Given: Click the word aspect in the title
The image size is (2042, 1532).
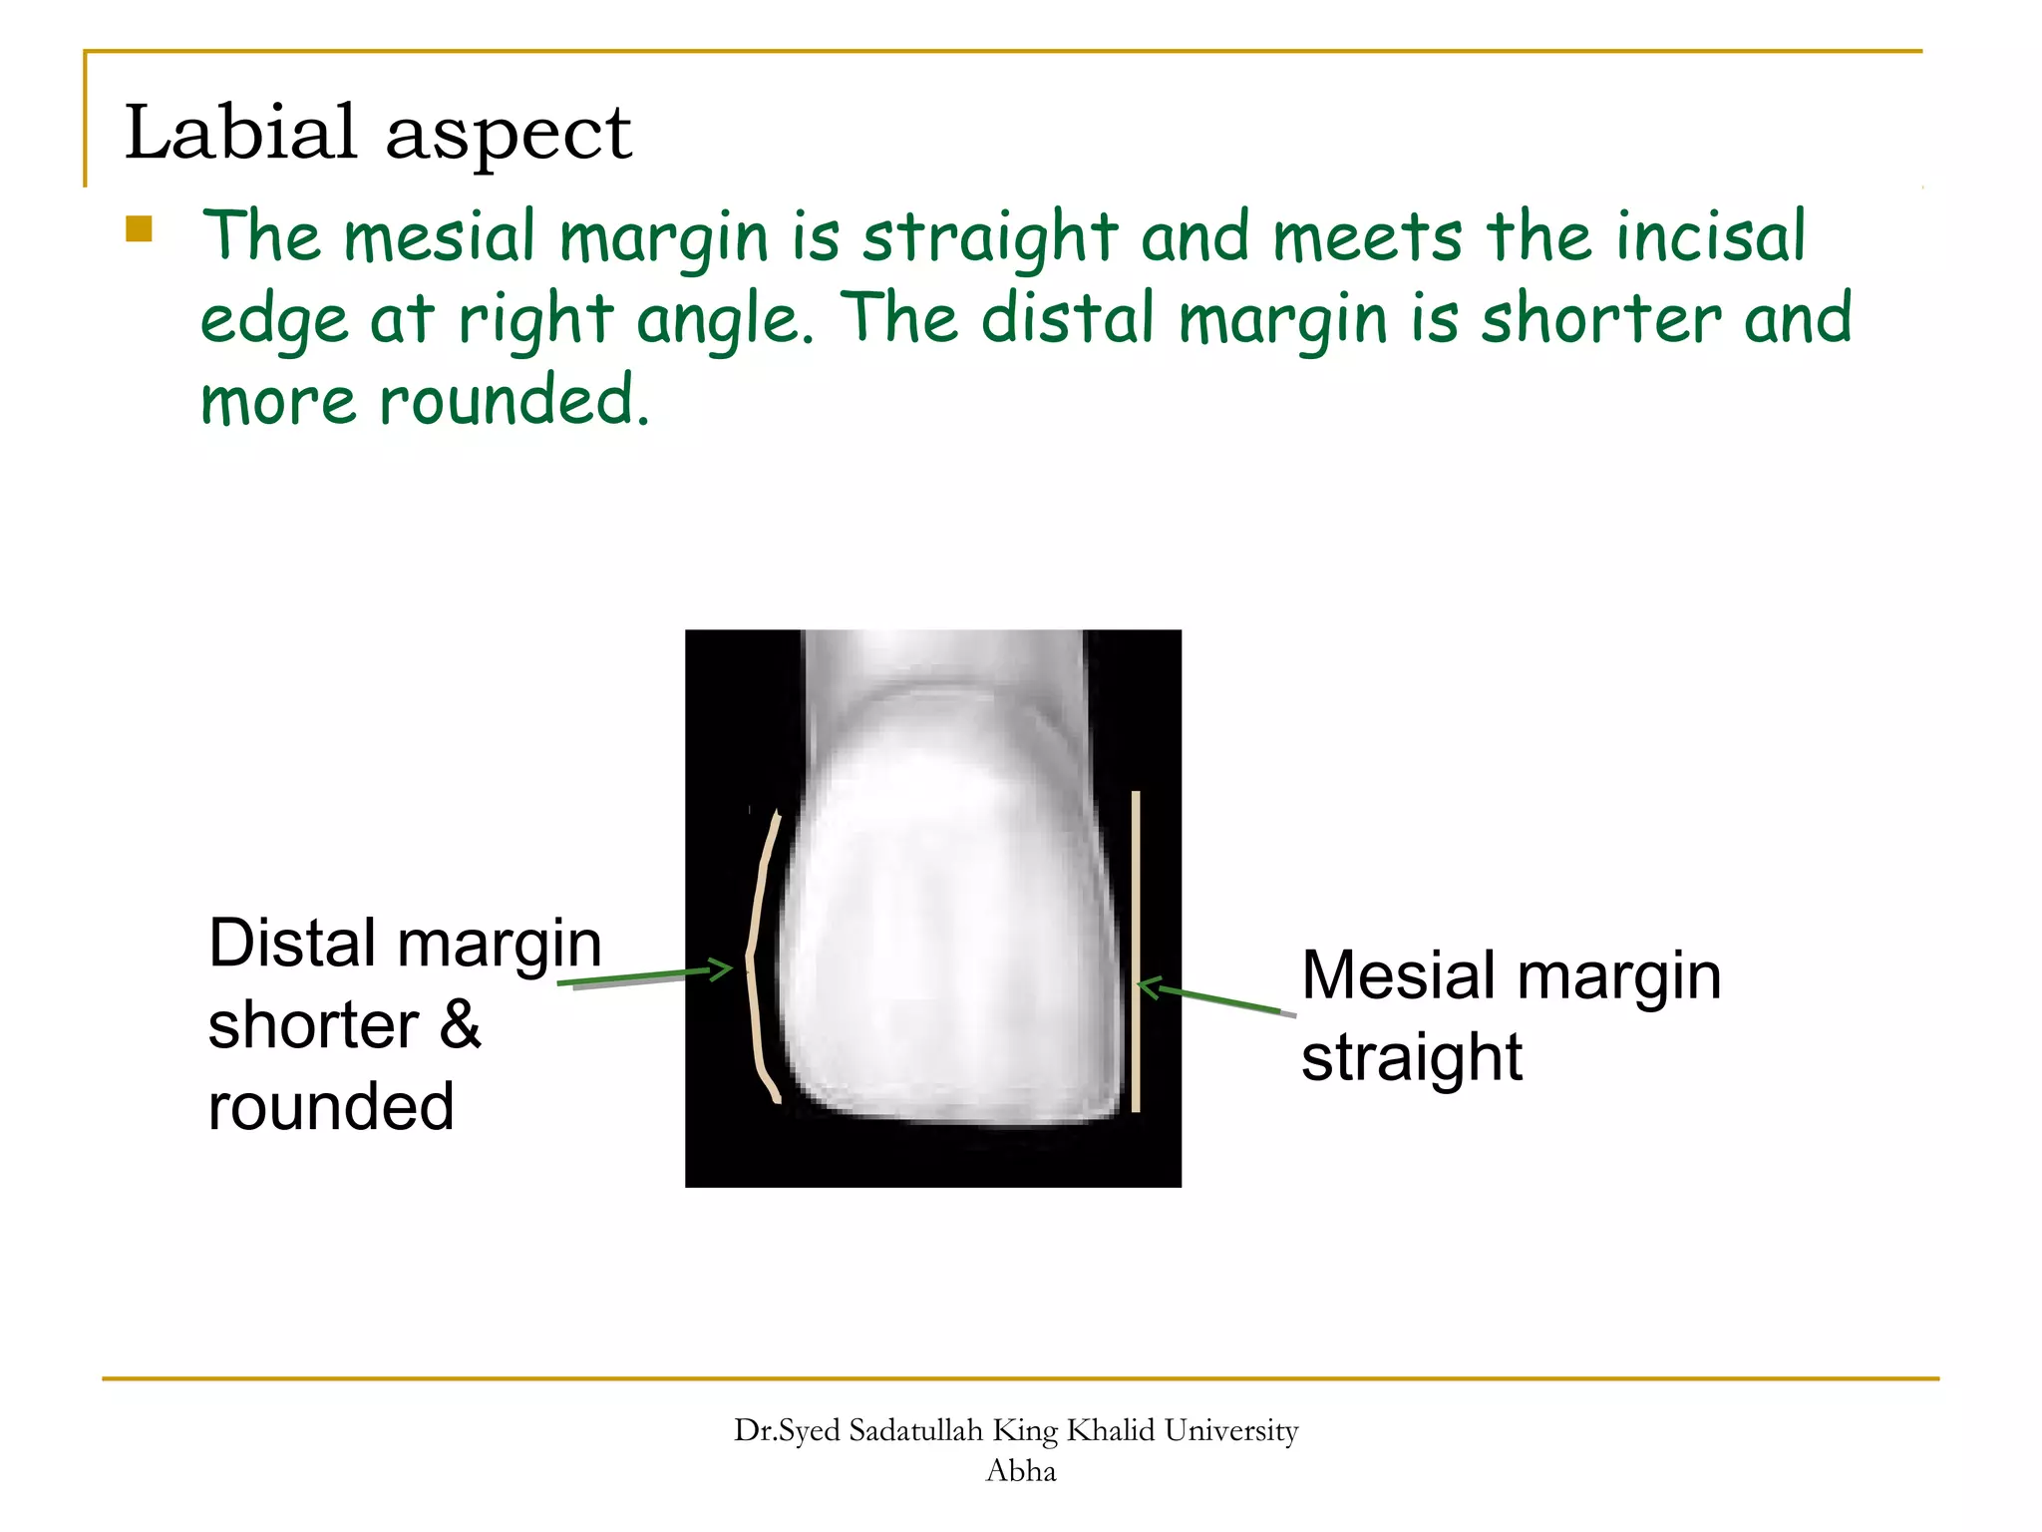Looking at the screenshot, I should pyautogui.click(x=509, y=136).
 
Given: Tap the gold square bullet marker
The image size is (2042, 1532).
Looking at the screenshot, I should pyautogui.click(x=139, y=229).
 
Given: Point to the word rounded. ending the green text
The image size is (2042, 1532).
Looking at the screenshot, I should pyautogui.click(x=514, y=401).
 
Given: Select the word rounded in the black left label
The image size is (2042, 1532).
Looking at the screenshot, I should pyautogui.click(x=331, y=1107).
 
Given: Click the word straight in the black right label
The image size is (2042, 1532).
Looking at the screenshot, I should pyautogui.click(x=1412, y=1057).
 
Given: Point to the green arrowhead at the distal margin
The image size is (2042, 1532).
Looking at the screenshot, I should pyautogui.click(x=722, y=968).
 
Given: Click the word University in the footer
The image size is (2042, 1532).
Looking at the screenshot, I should pyautogui.click(x=1231, y=1430).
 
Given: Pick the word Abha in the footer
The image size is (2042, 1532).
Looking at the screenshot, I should pyautogui.click(x=1020, y=1471).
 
